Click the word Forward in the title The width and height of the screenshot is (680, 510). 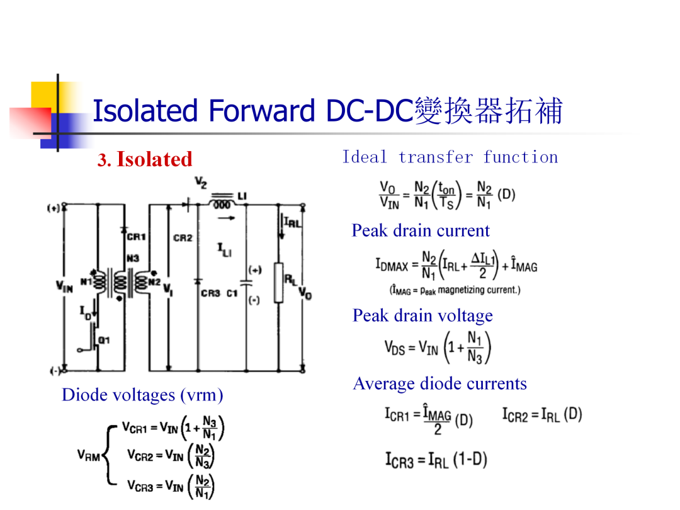pos(261,111)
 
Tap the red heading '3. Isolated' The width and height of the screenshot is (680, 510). pos(145,159)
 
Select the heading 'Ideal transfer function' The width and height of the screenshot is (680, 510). pos(450,157)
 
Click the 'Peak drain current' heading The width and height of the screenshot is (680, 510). pos(421,230)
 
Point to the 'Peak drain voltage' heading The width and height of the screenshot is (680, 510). pos(422,315)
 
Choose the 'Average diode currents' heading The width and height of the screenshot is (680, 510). pos(439,383)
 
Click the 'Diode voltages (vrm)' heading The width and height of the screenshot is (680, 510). pos(142,395)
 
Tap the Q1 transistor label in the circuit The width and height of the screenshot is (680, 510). pos(104,340)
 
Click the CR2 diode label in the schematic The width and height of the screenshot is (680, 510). pos(183,238)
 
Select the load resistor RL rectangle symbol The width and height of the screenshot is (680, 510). pos(279,282)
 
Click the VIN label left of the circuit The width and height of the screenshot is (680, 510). pos(64,286)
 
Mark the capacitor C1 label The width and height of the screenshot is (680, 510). pos(232,293)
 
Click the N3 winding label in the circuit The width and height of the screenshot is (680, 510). pos(133,259)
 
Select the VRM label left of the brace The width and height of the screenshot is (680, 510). pos(89,455)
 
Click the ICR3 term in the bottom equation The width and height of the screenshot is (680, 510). pos(399,460)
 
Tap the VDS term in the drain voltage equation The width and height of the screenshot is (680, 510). pos(394,348)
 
